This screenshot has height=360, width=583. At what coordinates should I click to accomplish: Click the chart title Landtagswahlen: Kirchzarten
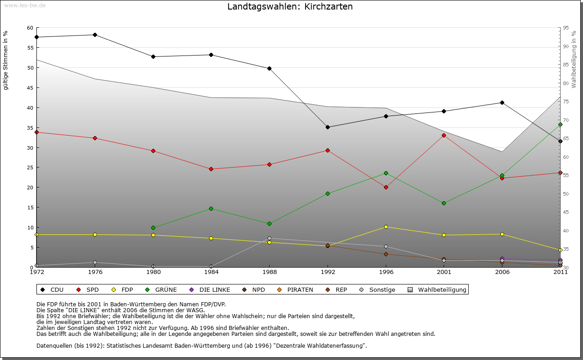[290, 7]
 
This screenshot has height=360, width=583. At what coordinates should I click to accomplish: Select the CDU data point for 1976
[95, 35]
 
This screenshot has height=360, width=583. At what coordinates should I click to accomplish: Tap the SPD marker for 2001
[444, 135]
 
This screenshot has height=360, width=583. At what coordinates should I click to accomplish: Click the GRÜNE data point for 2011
[560, 124]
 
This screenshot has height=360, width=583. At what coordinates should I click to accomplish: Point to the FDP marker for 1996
[386, 227]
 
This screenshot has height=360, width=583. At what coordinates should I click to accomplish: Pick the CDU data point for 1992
[327, 127]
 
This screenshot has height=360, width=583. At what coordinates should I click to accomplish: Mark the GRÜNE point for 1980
[153, 228]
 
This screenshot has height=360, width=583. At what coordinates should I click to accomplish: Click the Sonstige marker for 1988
[270, 238]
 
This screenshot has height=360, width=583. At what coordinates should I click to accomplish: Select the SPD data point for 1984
[211, 169]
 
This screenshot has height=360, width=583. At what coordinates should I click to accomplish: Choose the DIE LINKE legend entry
[210, 289]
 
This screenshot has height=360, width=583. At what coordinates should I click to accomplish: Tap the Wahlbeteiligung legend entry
[437, 289]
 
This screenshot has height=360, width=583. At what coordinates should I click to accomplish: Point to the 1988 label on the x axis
[270, 272]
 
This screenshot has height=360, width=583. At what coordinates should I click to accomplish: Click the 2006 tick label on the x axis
[502, 272]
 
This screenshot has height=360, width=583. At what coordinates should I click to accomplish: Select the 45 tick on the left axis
[30, 88]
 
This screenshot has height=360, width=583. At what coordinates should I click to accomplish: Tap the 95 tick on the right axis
[566, 28]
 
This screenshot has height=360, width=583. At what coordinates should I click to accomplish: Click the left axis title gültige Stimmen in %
[6, 60]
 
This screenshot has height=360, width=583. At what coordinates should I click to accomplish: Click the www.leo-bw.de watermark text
[25, 5]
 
